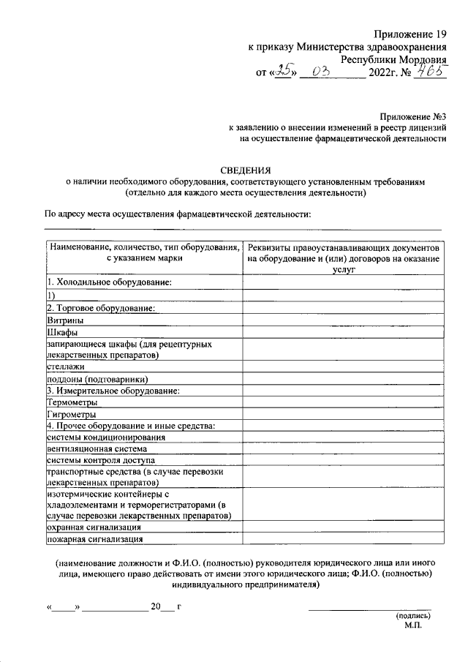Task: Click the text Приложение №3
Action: (412, 116)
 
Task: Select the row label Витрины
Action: (65, 320)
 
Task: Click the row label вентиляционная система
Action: (97, 448)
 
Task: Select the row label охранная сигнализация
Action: (94, 527)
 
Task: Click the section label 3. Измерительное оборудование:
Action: (113, 390)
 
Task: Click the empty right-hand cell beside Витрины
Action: (343, 320)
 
